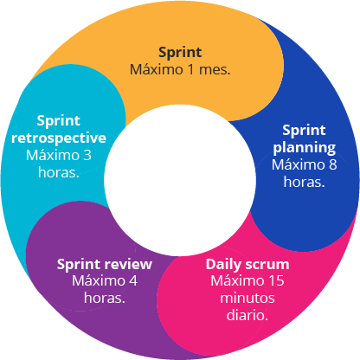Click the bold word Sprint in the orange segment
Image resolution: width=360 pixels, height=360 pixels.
click(x=180, y=53)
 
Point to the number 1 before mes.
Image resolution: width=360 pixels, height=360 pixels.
click(x=190, y=69)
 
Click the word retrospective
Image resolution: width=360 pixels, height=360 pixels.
click(x=59, y=138)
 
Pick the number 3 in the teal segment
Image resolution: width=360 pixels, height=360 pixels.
click(x=87, y=155)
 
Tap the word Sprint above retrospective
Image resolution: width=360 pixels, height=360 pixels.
click(x=59, y=120)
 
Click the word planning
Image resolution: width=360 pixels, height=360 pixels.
click(x=305, y=148)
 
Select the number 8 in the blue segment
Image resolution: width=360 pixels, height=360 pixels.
click(x=332, y=164)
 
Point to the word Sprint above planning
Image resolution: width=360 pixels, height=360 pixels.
click(x=304, y=131)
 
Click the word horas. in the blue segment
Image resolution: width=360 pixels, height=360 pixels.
click(x=304, y=182)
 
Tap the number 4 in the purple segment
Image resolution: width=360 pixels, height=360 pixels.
click(x=133, y=280)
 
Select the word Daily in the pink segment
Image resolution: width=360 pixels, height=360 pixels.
click(x=223, y=265)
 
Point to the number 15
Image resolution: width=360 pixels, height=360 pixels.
click(x=277, y=280)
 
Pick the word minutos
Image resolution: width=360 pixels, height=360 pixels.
click(x=247, y=298)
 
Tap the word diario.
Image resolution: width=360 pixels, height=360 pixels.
click(x=247, y=315)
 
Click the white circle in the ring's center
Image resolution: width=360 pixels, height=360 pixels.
click(x=180, y=180)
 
